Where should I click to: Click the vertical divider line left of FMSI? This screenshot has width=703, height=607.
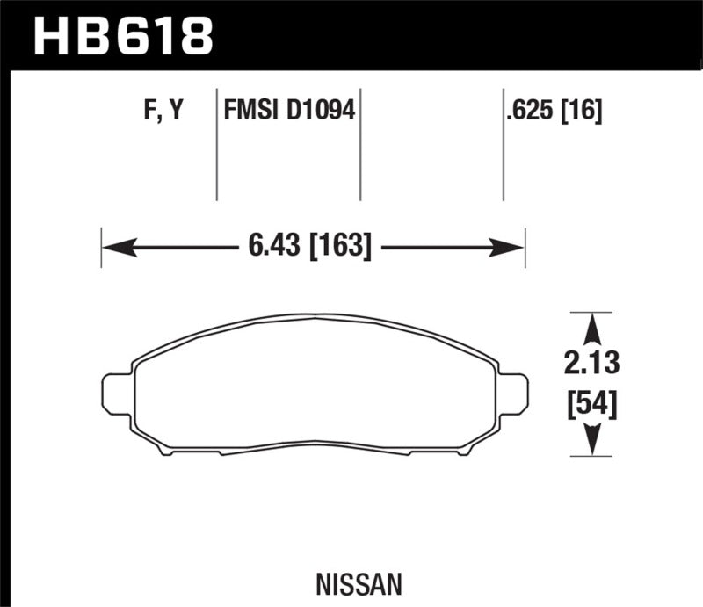click(x=217, y=145)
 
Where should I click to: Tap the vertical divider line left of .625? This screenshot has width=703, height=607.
click(x=503, y=145)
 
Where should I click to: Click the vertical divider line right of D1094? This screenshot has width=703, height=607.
click(x=361, y=145)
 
